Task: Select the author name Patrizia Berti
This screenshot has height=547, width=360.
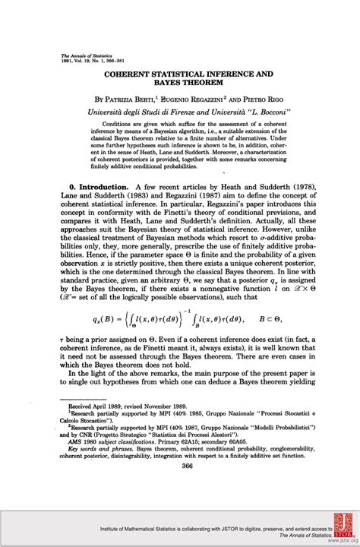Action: pos(135,99)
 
